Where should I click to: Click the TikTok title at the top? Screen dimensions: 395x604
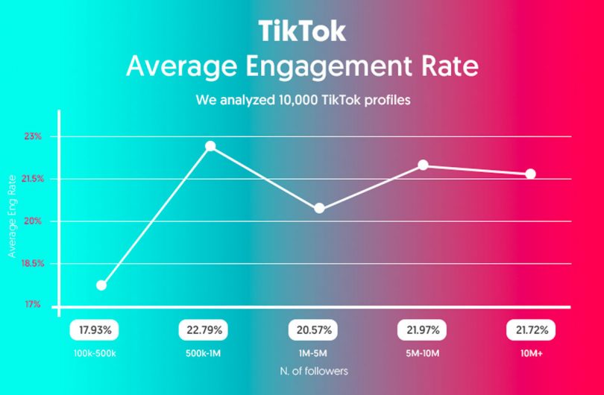[x=302, y=32]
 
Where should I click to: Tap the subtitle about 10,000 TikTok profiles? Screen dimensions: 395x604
[x=302, y=99]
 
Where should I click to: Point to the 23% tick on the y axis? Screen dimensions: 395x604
[x=33, y=136]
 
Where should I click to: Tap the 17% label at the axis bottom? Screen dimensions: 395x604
[x=33, y=306]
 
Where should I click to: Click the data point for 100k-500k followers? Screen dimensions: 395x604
[x=101, y=285]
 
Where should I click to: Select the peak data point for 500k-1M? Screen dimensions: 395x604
[x=210, y=146]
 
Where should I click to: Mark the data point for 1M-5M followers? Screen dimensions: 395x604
[x=319, y=209]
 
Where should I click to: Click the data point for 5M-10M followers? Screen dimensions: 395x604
[x=423, y=165]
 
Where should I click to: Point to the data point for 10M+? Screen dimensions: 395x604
[x=531, y=174]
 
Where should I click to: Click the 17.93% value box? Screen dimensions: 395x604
[x=94, y=329]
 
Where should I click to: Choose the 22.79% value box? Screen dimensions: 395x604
[x=203, y=329]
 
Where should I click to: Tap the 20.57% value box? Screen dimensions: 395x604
[x=312, y=329]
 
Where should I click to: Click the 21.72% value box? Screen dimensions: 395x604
[x=531, y=329]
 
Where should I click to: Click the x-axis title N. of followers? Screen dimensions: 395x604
[x=313, y=370]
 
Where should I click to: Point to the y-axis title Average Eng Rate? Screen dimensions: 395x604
[x=12, y=216]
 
